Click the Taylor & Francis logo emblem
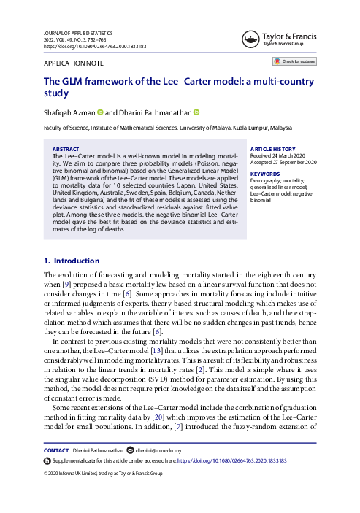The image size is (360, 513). tap(250, 36)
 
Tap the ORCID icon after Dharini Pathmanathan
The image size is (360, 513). tap(196, 112)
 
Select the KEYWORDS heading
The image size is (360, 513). tap(264, 174)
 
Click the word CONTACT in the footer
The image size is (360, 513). tap(58, 451)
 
